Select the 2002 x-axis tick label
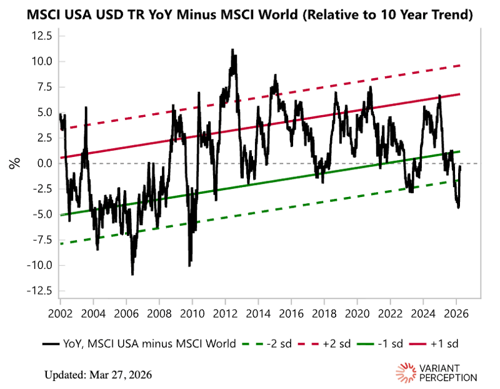coord(60,311)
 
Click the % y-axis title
coord(13,164)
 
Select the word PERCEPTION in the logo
coord(448,378)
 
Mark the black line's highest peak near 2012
coord(232,49)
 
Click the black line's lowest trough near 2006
coord(132,274)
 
